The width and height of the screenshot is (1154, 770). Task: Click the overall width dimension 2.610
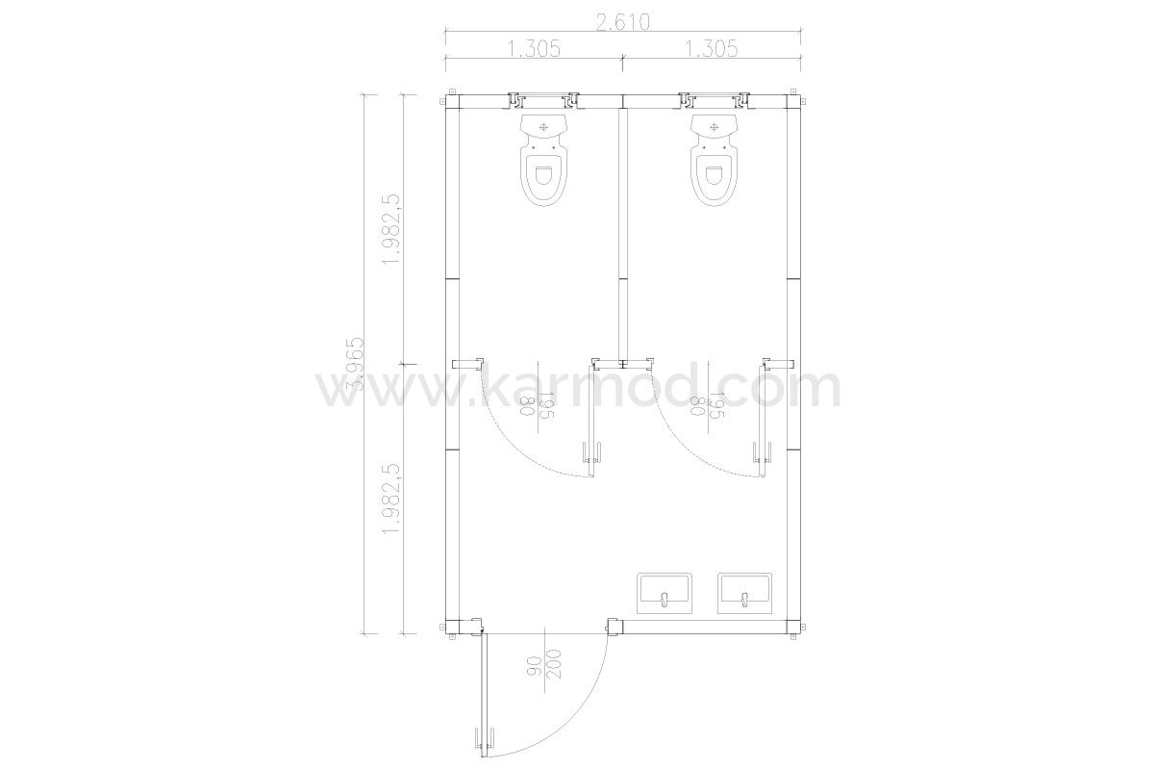(x=622, y=23)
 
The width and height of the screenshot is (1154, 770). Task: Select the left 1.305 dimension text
(x=534, y=49)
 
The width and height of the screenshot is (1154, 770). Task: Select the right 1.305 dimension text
(x=711, y=49)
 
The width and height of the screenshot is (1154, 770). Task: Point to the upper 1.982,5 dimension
(x=391, y=229)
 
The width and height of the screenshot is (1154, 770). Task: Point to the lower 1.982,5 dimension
(x=391, y=499)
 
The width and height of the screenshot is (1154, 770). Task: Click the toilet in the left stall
(x=543, y=160)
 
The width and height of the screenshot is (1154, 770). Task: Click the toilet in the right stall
(x=714, y=160)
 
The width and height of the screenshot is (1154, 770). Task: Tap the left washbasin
(x=665, y=593)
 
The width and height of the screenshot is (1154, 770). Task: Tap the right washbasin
(x=745, y=593)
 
